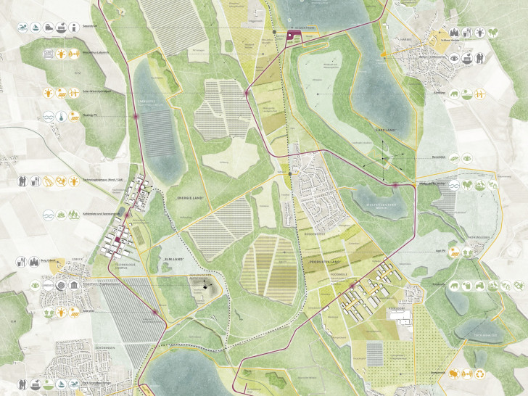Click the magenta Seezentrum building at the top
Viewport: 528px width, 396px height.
(294, 35)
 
